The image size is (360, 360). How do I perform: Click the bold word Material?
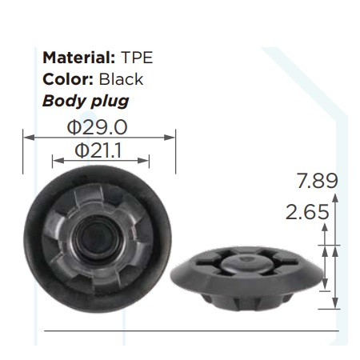(79, 58)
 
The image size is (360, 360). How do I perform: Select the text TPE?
(137, 58)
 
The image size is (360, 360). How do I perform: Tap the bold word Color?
(68, 79)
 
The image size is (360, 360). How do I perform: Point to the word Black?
(121, 79)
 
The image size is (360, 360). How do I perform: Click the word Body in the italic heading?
(63, 102)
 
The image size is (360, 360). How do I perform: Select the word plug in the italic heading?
(110, 102)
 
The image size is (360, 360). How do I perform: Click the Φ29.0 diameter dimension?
(97, 127)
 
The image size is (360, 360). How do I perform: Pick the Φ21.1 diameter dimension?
(98, 150)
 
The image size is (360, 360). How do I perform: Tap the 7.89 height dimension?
(318, 181)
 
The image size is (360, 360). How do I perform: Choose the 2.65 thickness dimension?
(307, 212)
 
